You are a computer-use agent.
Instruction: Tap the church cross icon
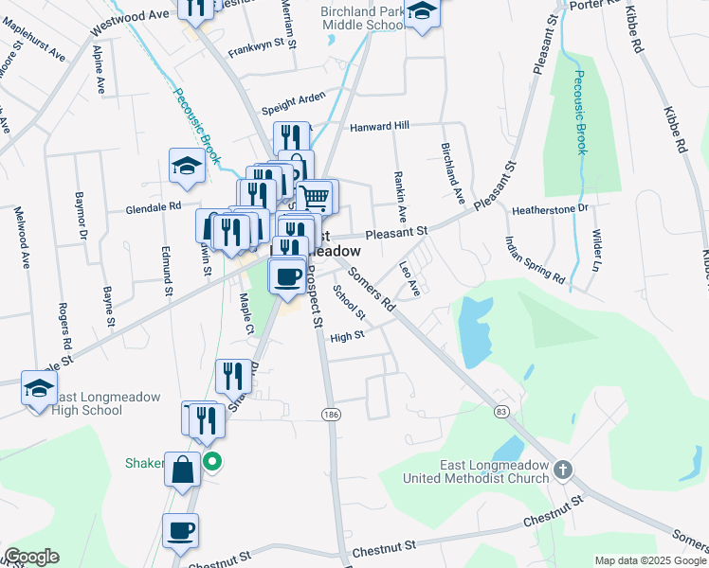click(x=563, y=470)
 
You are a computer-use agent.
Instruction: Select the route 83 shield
click(x=500, y=411)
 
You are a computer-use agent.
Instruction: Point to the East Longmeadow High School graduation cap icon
click(x=39, y=388)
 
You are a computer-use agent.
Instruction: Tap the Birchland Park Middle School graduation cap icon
click(x=423, y=12)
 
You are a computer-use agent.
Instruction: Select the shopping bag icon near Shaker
click(x=181, y=468)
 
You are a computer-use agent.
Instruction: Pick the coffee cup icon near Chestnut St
click(x=180, y=529)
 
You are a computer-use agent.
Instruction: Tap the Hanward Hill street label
click(x=379, y=126)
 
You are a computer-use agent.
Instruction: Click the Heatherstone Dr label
click(x=550, y=207)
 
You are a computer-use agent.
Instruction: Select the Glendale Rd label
click(x=154, y=205)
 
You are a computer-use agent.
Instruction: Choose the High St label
click(x=340, y=337)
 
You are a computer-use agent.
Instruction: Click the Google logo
click(x=30, y=557)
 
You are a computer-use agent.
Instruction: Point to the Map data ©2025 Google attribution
click(x=650, y=560)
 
